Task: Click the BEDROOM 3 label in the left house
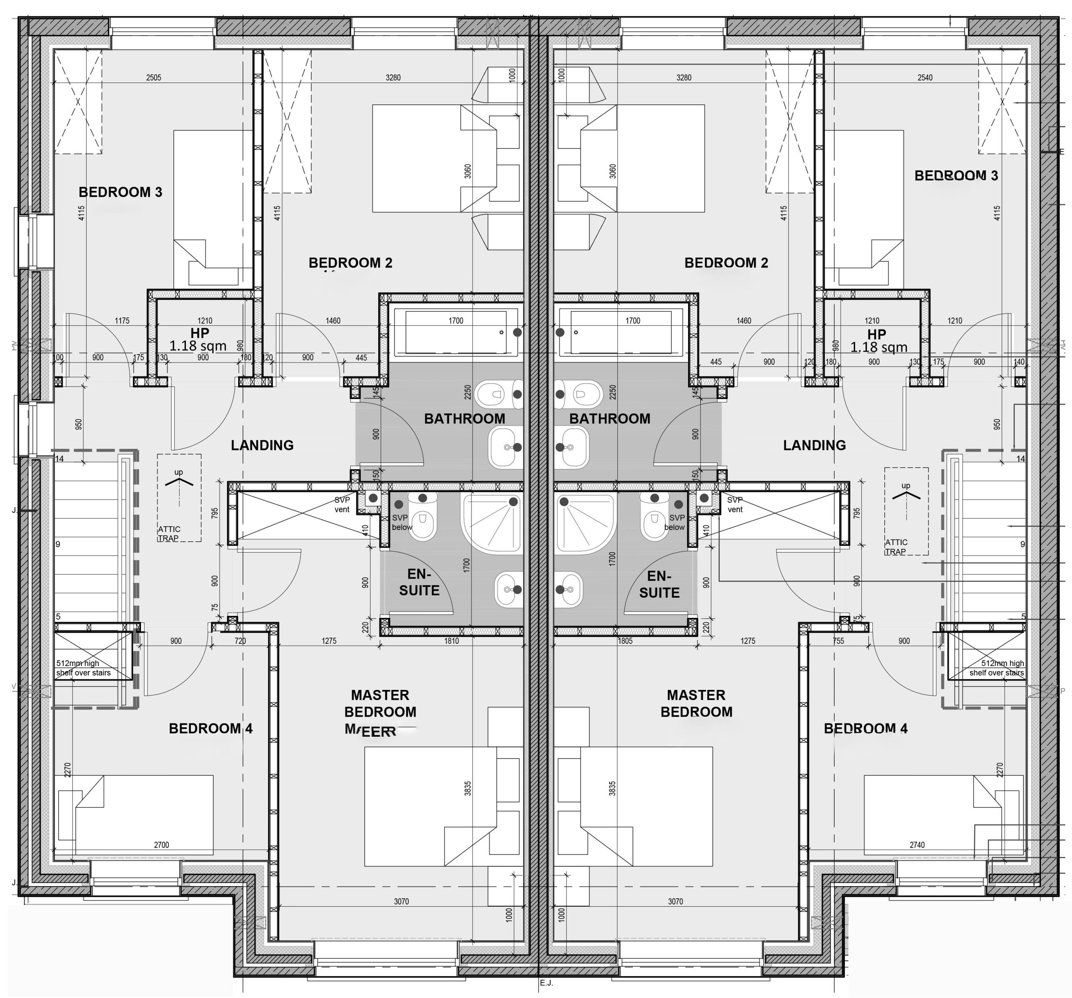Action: [120, 192]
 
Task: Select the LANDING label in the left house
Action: [262, 445]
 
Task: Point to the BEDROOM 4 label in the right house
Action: [865, 728]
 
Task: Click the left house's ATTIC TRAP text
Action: [169, 533]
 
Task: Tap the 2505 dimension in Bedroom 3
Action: [153, 77]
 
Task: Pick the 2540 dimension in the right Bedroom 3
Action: [924, 77]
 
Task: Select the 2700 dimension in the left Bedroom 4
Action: [161, 845]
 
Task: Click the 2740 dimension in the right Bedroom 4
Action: [917, 845]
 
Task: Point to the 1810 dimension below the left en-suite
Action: [451, 641]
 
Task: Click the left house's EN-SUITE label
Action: [419, 582]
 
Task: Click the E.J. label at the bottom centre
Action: [546, 983]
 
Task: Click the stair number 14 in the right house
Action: [1020, 459]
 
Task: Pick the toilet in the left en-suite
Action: [423, 517]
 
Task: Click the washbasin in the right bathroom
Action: [573, 447]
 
